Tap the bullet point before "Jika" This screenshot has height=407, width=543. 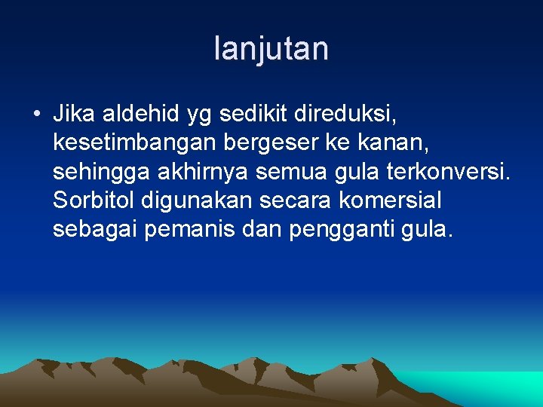pyautogui.click(x=36, y=115)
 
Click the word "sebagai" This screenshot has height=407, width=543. pyautogui.click(x=96, y=231)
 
